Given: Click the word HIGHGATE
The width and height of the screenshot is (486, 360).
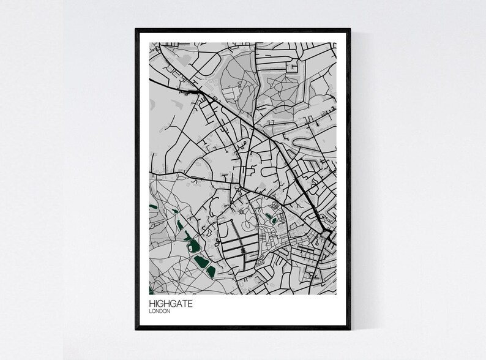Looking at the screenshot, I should tap(168, 302).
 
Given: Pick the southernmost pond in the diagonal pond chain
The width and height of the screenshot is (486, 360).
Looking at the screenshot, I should tap(210, 270).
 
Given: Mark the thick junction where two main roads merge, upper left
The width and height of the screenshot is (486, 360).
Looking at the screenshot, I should tap(199, 91).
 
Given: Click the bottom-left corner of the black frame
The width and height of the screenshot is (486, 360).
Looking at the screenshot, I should tap(136, 329).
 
